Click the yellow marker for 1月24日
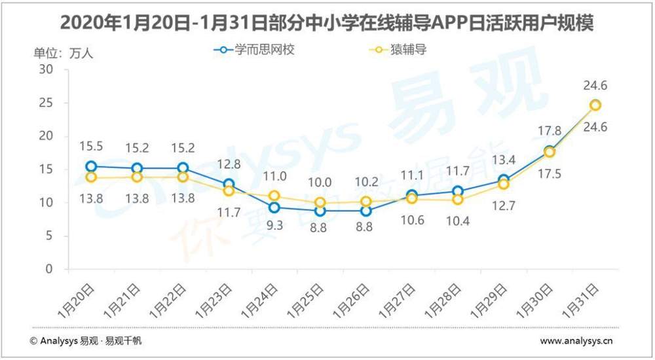274,196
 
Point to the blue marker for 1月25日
320,211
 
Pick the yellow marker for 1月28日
457,200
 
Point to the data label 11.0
274,175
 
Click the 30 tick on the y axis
46,69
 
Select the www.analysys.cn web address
576,340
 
